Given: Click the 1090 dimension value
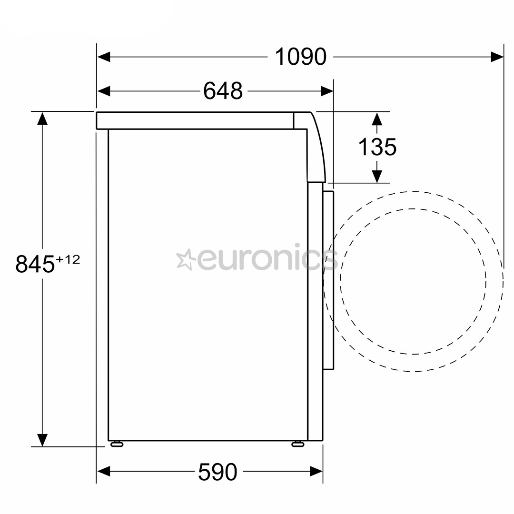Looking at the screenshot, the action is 301,57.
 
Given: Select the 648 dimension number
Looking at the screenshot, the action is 223,91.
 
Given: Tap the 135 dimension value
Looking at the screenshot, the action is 377,147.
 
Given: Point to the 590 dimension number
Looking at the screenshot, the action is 217,472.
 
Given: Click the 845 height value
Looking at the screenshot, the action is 35,264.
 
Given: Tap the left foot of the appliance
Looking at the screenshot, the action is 117,444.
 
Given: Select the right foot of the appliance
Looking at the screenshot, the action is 297,444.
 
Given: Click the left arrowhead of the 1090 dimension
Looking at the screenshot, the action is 104,57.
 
